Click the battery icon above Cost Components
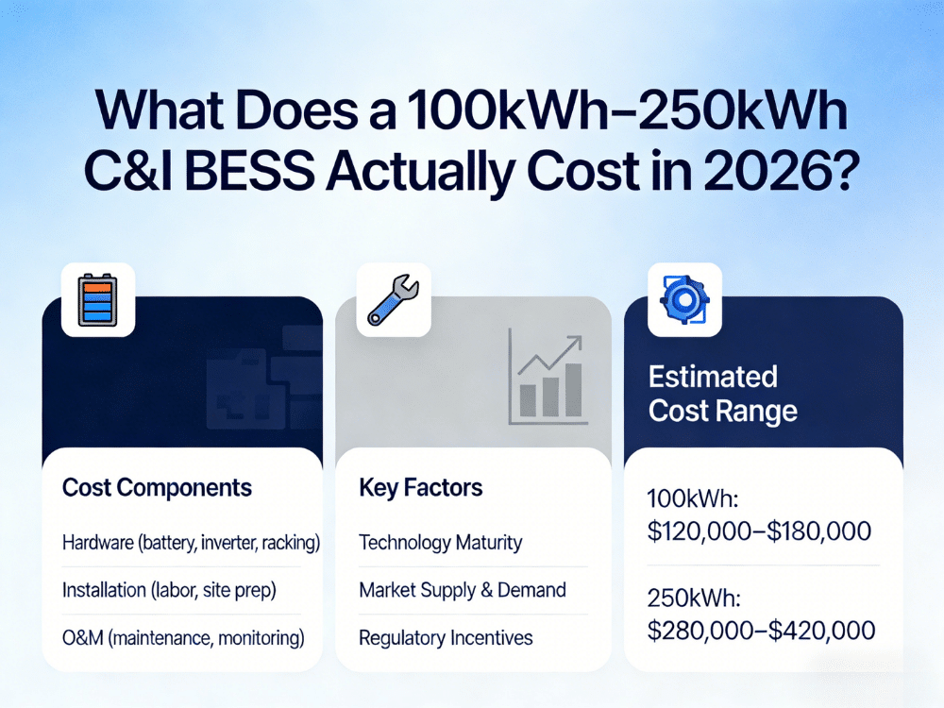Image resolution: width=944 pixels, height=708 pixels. tap(98, 300)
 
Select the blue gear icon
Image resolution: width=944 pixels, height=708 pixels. tap(684, 300)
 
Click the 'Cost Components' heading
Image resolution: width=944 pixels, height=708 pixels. tap(157, 488)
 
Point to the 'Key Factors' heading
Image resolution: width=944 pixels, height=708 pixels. tap(420, 488)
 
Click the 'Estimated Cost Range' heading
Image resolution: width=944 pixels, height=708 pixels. tap(722, 394)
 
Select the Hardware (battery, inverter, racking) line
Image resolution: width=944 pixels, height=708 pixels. tap(191, 543)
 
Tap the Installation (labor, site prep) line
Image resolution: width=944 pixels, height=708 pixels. tap(169, 591)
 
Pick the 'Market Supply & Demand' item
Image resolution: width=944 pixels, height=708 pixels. tap(463, 591)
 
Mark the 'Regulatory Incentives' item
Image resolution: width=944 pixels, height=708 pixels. tap(446, 638)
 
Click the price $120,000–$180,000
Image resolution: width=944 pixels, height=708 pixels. tap(759, 531)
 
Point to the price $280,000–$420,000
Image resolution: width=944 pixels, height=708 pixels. tap(761, 630)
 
